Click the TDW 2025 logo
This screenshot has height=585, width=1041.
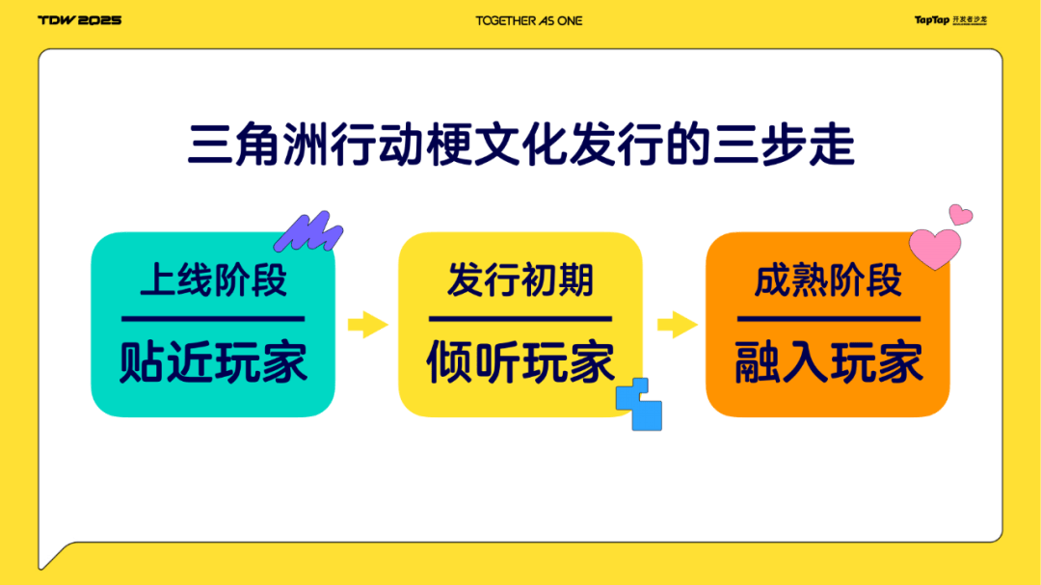point(80,20)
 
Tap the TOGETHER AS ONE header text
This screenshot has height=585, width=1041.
point(529,20)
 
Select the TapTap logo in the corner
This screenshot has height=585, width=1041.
point(950,20)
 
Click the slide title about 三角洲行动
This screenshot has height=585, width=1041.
point(521,145)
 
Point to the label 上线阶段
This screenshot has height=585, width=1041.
point(213,279)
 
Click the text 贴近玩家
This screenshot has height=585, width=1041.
point(213,362)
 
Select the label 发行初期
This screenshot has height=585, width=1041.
point(520,279)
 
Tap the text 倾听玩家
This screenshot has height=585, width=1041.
point(520,362)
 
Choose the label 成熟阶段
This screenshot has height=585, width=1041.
point(828,279)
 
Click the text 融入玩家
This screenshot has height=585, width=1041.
point(829,362)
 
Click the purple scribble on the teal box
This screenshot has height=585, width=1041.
point(308,232)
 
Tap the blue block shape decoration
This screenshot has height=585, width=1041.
point(640,405)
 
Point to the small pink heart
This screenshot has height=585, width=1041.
point(960,215)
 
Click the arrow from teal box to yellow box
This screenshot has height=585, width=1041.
point(368,325)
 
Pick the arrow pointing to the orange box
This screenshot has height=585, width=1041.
point(678,325)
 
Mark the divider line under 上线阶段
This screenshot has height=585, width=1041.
point(213,319)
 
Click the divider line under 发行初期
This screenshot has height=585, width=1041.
point(520,319)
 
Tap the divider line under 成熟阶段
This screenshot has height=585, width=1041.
point(829,319)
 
